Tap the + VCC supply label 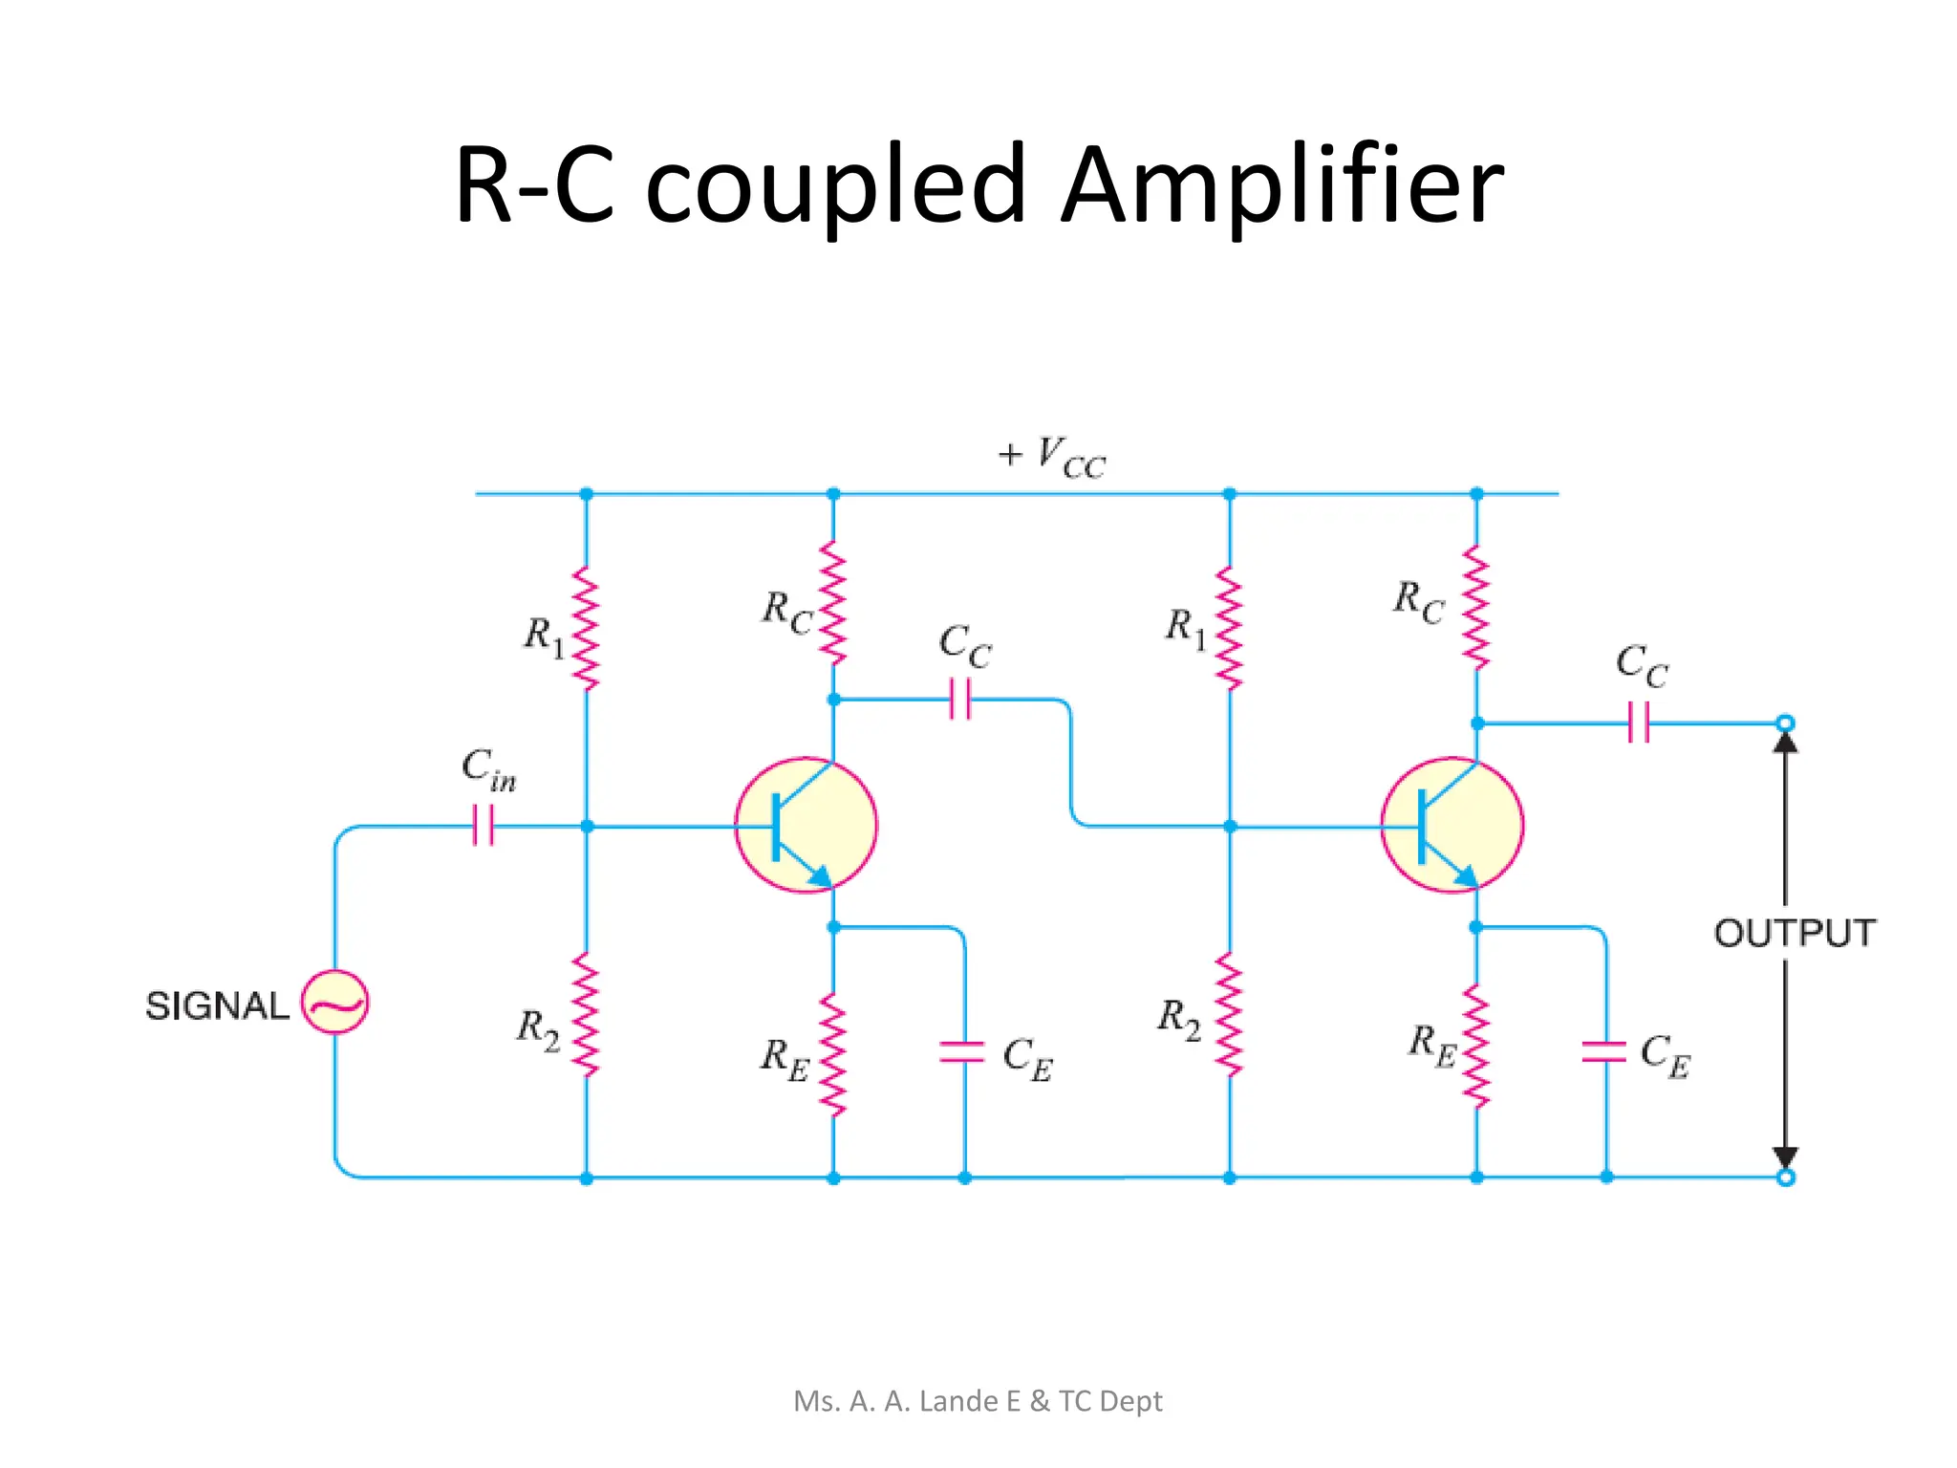(x=1051, y=457)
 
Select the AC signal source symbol (x=334, y=1002)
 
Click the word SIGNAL (x=216, y=1005)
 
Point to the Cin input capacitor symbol (x=484, y=825)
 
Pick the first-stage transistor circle (x=806, y=825)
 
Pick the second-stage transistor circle (x=1452, y=825)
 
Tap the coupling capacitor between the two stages (x=960, y=699)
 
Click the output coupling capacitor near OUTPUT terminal (x=1638, y=723)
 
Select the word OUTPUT (x=1794, y=933)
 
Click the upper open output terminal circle (x=1785, y=723)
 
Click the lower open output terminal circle (x=1785, y=1177)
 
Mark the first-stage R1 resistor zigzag (x=586, y=628)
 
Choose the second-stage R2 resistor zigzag (x=1229, y=1015)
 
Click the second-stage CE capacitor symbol (x=1605, y=1051)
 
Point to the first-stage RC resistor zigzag (x=833, y=603)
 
